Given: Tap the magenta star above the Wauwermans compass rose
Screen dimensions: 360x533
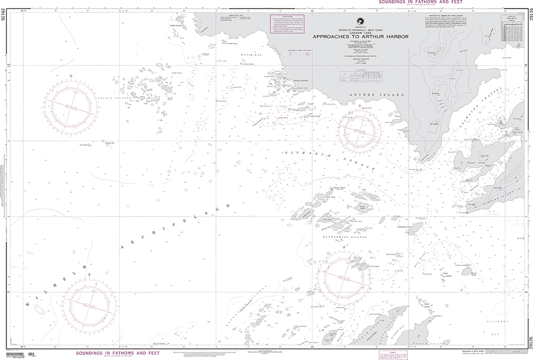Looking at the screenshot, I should point(344,247).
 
